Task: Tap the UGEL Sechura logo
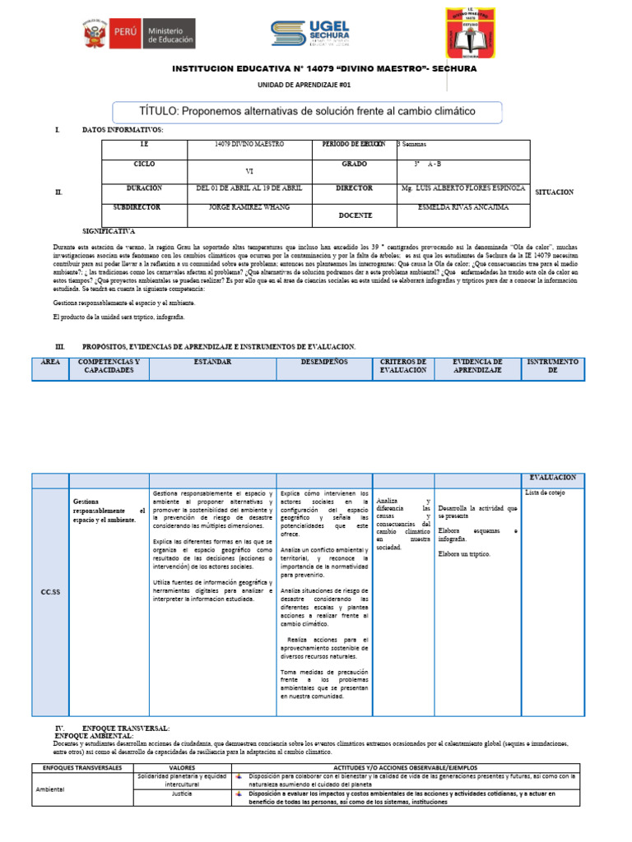[x=311, y=34]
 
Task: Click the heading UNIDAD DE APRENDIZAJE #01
[x=299, y=85]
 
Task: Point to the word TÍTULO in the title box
[x=159, y=111]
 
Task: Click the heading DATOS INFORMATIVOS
[x=123, y=130]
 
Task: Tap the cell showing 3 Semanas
[x=411, y=145]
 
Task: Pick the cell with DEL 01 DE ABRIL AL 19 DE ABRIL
[x=249, y=188]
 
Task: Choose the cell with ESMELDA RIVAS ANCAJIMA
[x=463, y=209]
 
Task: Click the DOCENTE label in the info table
[x=355, y=215]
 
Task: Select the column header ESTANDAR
[x=212, y=363]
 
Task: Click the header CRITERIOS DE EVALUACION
[x=403, y=367]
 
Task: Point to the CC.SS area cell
[x=50, y=591]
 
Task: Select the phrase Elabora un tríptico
[x=464, y=554]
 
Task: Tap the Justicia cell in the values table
[x=182, y=795]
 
